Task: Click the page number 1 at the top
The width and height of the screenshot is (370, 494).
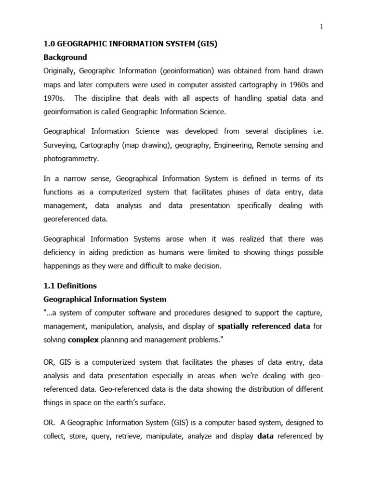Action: [x=321, y=27]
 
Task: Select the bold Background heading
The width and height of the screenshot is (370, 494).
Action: [x=65, y=57]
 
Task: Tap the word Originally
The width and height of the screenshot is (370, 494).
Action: [x=59, y=71]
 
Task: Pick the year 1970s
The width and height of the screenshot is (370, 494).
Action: [x=54, y=98]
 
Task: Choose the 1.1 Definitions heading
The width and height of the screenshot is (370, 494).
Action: [x=70, y=286]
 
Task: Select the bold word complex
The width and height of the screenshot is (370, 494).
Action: [x=83, y=340]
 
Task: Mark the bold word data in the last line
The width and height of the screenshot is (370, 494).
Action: [x=266, y=437]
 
